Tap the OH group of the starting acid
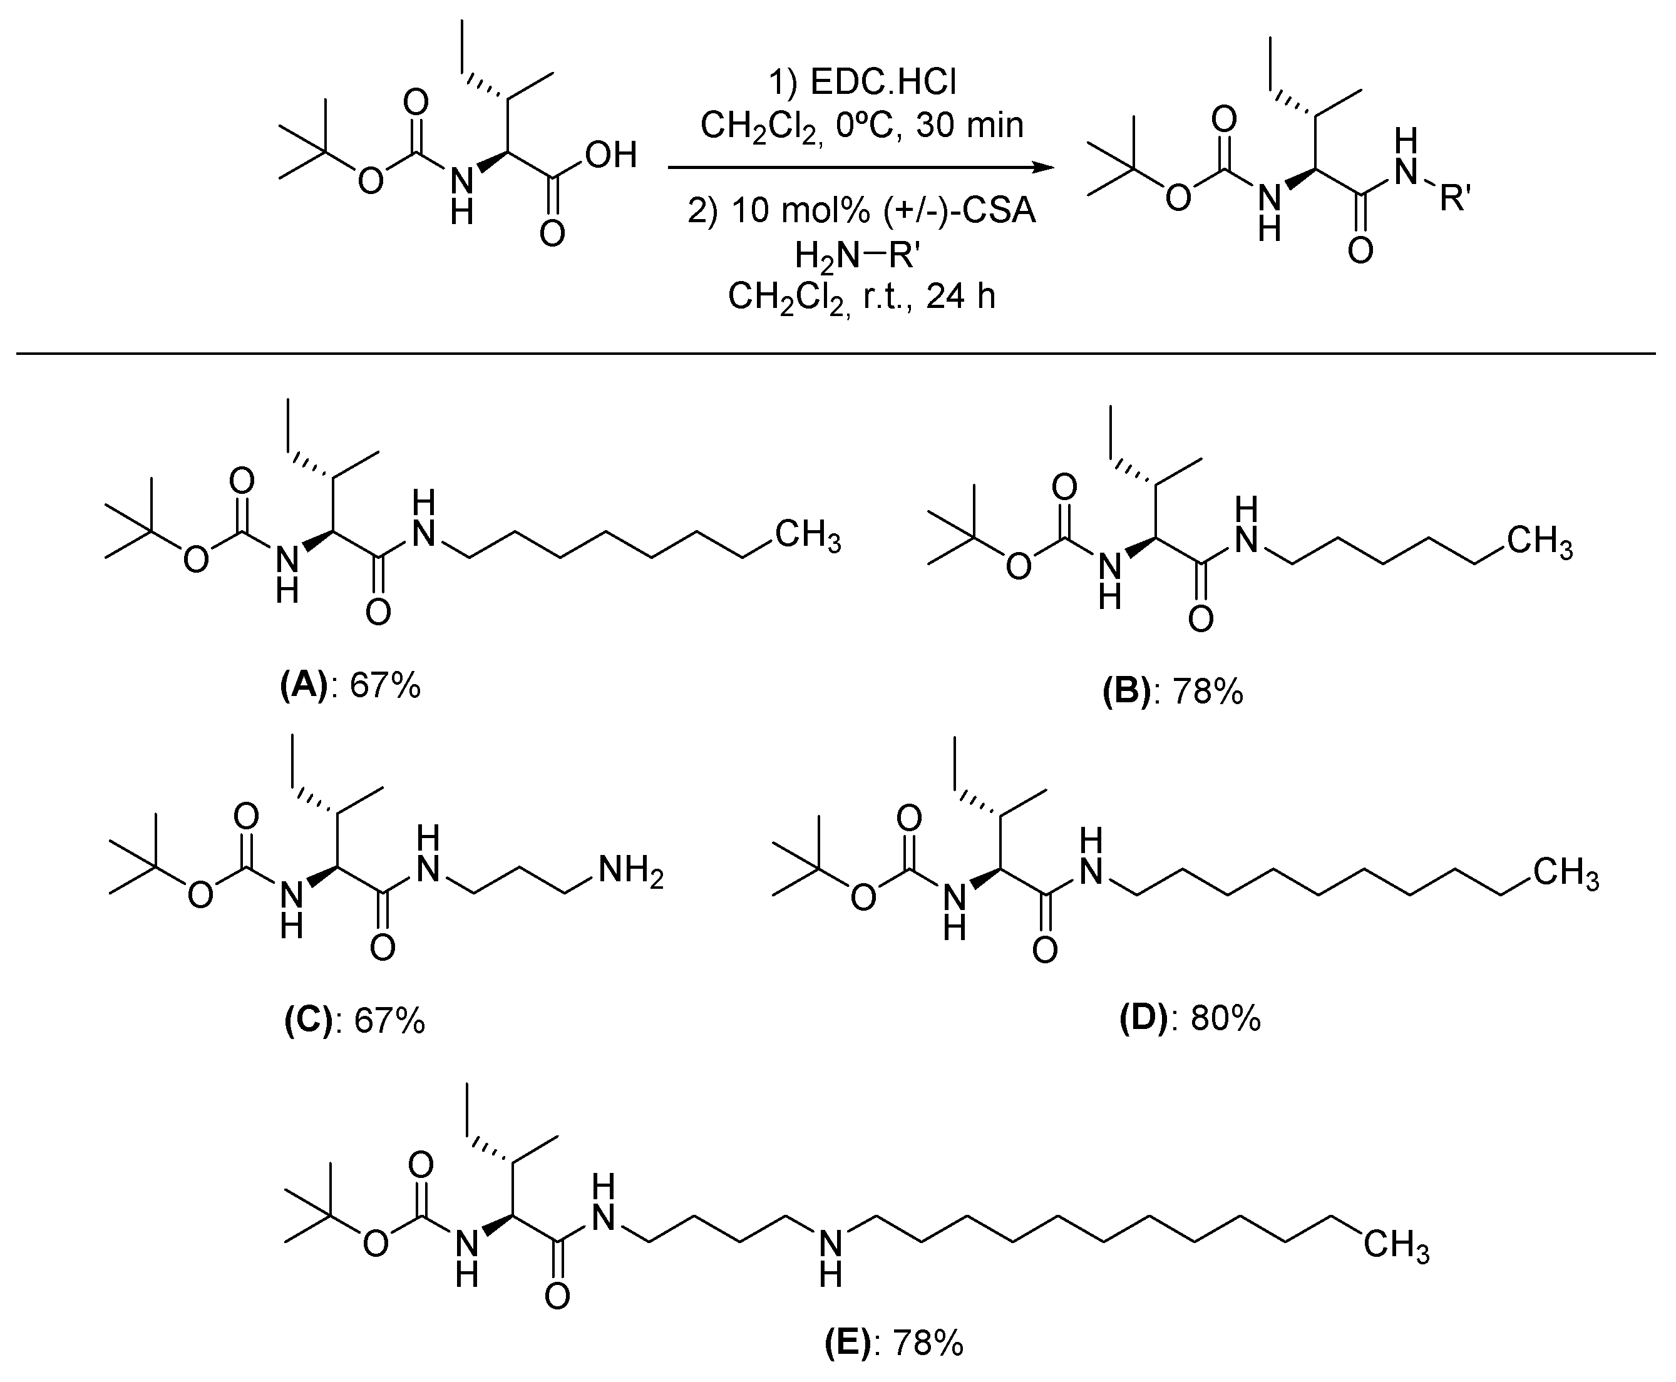click(x=610, y=155)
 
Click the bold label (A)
click(x=304, y=685)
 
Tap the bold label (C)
click(x=308, y=1021)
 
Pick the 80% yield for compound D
click(x=1225, y=1018)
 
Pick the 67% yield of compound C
click(x=389, y=1021)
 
